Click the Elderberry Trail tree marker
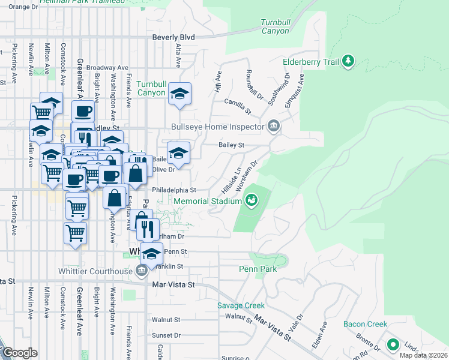tap(348, 61)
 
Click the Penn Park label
tap(258, 269)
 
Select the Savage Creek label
tap(241, 305)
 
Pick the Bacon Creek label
tap(366, 324)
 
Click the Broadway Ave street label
tap(107, 68)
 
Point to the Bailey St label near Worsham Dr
tap(232, 145)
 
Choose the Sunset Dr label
tap(166, 335)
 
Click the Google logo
tap(19, 353)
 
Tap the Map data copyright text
tap(423, 355)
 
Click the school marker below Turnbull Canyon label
tap(179, 94)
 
